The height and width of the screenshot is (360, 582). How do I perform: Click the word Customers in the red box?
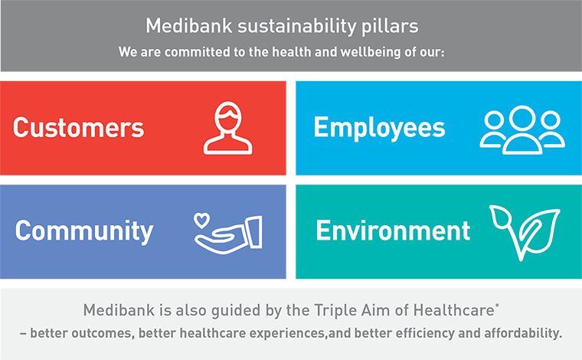pyautogui.click(x=78, y=127)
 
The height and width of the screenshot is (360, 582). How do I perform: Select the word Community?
pyautogui.click(x=84, y=231)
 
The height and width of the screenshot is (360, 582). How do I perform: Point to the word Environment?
pyautogui.click(x=393, y=231)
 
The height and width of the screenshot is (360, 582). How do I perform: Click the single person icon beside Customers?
pyautogui.click(x=228, y=128)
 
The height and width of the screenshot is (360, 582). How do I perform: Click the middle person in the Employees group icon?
pyautogui.click(x=522, y=130)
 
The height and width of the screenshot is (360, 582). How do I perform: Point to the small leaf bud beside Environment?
pyautogui.click(x=500, y=216)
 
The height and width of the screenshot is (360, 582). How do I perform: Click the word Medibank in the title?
pyautogui.click(x=188, y=26)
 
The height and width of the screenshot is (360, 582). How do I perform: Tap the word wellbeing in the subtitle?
pyautogui.click(x=371, y=52)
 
